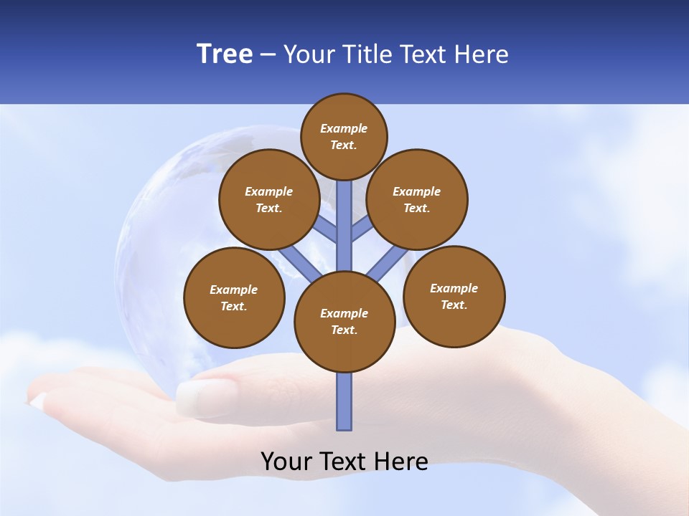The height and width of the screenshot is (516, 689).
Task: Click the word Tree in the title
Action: [x=225, y=54]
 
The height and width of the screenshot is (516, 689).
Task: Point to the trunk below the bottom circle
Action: [x=344, y=401]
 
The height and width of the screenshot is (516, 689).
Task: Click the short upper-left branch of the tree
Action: [x=324, y=229]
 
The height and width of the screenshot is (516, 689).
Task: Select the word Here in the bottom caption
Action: [x=402, y=462]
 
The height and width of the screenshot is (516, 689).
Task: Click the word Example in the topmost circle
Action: [x=344, y=129]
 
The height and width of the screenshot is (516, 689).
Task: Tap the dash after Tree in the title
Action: [x=268, y=55]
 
